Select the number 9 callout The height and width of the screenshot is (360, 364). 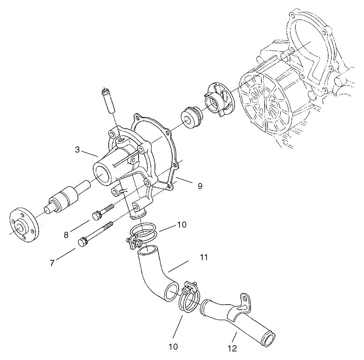(x=200, y=186)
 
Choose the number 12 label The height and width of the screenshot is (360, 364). (x=233, y=348)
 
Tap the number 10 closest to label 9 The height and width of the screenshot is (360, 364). (x=182, y=225)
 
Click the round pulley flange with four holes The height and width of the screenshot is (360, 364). (x=23, y=225)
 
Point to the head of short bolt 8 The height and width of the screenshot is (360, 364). (x=97, y=215)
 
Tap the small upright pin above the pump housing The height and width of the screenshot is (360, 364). (x=108, y=99)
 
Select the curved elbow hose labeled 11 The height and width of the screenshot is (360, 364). (x=154, y=274)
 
